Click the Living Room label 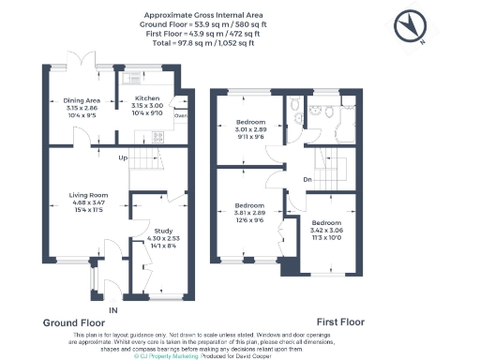pos(89,195)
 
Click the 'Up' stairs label pos(123,157)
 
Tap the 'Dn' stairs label pos(307,180)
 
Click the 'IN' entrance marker pos(112,308)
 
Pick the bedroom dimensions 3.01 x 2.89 pos(248,129)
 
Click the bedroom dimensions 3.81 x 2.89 pos(248,211)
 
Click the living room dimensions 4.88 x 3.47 pos(89,202)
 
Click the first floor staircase pos(335,169)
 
